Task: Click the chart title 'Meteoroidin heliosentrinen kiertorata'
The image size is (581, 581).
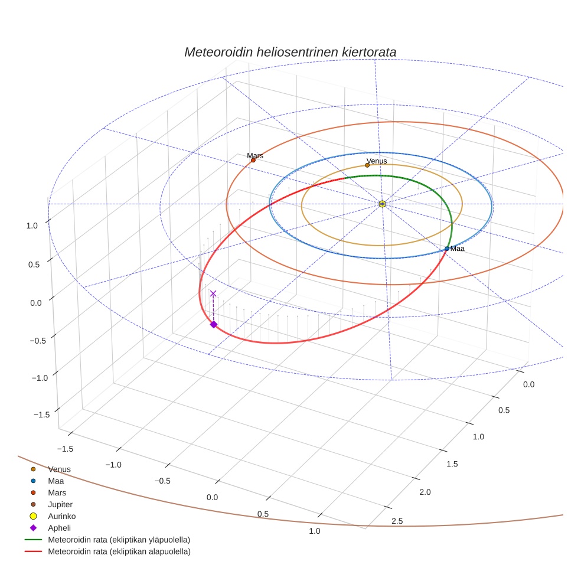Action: (290, 52)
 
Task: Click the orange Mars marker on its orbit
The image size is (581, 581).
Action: (253, 160)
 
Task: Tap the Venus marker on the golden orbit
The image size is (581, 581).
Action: (367, 165)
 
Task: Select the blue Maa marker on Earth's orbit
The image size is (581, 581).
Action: (447, 249)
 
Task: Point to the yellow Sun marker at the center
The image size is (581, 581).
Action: (382, 204)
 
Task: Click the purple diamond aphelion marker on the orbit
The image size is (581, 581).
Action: (213, 324)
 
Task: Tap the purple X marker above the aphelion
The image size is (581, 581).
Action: (213, 293)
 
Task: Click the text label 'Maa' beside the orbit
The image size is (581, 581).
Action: (458, 249)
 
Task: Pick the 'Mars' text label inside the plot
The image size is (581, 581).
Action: (255, 155)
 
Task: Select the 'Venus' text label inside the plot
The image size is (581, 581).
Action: (377, 161)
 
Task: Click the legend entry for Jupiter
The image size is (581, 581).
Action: (60, 504)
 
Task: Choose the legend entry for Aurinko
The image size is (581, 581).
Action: (61, 516)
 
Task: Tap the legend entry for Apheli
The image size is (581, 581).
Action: (59, 528)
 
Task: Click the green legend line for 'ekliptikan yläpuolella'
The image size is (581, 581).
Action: (33, 540)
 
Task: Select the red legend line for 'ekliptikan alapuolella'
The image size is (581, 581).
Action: (33, 551)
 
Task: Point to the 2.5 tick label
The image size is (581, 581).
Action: (397, 521)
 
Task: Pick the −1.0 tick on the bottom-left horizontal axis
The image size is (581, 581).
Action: (113, 465)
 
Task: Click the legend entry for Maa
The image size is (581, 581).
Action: (56, 481)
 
